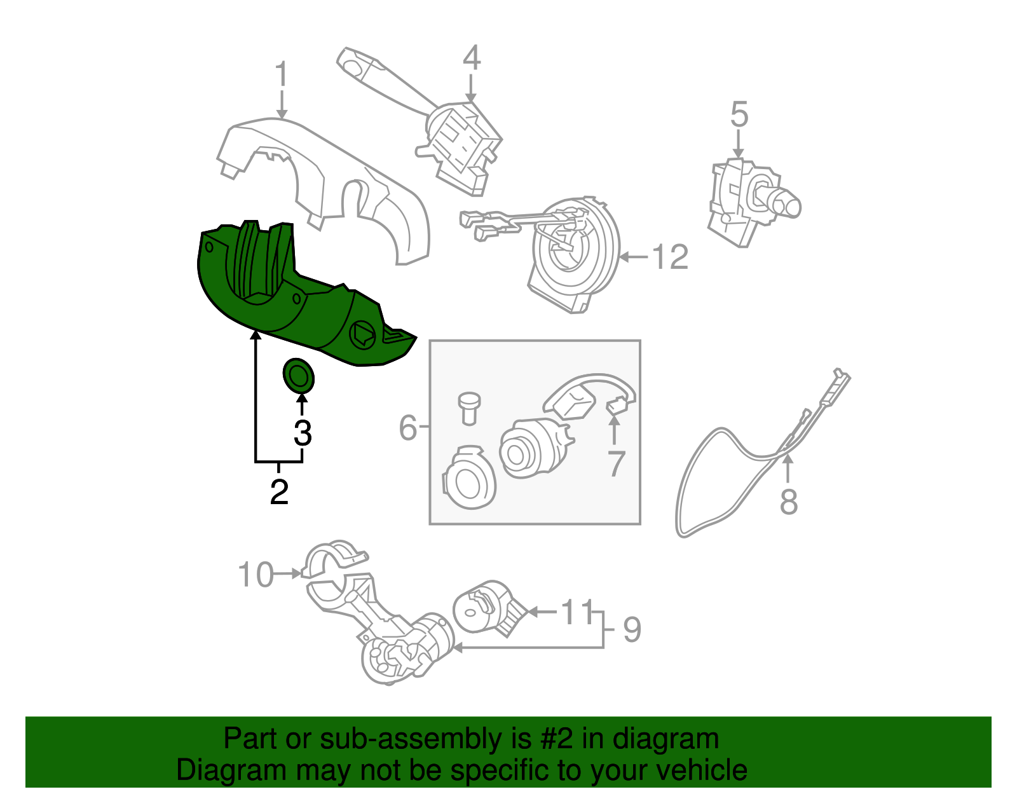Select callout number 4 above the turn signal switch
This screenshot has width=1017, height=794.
tap(472, 58)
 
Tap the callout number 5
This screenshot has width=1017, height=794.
tap(739, 114)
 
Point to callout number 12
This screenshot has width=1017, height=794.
tap(670, 257)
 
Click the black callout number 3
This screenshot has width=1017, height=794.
tap(303, 434)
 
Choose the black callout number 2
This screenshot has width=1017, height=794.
tap(279, 491)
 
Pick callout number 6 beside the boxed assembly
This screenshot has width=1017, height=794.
tap(407, 427)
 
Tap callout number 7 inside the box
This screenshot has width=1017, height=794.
tap(616, 463)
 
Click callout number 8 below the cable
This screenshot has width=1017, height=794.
tap(789, 502)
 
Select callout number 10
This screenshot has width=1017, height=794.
tap(256, 575)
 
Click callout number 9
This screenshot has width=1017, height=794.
tap(632, 630)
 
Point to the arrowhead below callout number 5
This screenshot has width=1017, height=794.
tap(738, 153)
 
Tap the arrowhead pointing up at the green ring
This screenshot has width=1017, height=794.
tap(303, 399)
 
